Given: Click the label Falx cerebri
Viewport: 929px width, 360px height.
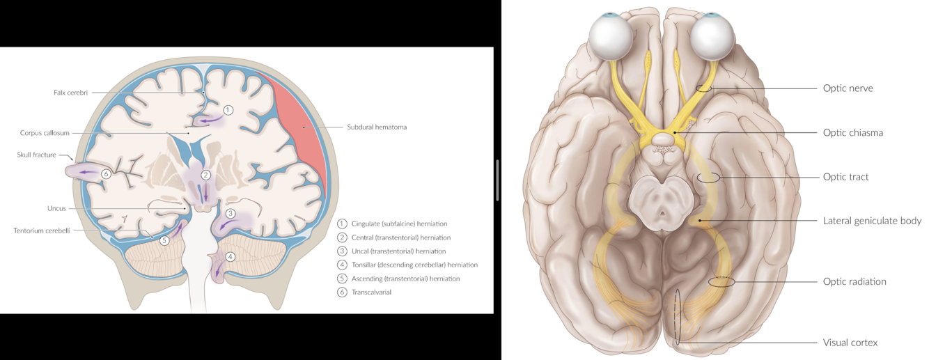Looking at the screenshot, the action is pyautogui.click(x=70, y=92).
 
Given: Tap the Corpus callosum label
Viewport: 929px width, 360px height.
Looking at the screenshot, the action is pyautogui.click(x=45, y=132).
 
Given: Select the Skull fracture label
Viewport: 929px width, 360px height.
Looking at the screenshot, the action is pyautogui.click(x=36, y=155).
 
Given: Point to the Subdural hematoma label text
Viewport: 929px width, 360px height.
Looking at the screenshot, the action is pyautogui.click(x=377, y=127).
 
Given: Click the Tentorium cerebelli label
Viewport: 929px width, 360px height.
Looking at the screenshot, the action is pyautogui.click(x=42, y=230).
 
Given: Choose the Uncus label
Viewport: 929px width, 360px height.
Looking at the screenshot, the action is pyautogui.click(x=57, y=208).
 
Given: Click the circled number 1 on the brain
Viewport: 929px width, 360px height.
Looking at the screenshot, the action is pyautogui.click(x=228, y=110).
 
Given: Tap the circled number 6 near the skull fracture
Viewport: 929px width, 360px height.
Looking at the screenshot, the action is pyautogui.click(x=106, y=173).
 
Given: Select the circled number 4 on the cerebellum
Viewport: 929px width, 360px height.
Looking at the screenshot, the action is pyautogui.click(x=231, y=256).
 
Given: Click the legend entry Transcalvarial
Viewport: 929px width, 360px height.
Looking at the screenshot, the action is pyautogui.click(x=371, y=292).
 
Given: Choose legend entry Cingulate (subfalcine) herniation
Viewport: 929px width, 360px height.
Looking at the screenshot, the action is pyautogui.click(x=399, y=224).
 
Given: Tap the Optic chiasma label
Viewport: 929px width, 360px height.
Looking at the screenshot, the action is pyautogui.click(x=852, y=132).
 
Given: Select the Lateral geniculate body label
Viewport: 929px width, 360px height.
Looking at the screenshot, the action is pyautogui.click(x=872, y=221).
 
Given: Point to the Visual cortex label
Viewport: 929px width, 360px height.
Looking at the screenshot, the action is pyautogui.click(x=850, y=343).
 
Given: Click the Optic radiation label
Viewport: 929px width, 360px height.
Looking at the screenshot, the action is pyautogui.click(x=854, y=282).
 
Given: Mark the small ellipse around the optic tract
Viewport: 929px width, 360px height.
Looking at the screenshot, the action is pyautogui.click(x=709, y=178).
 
